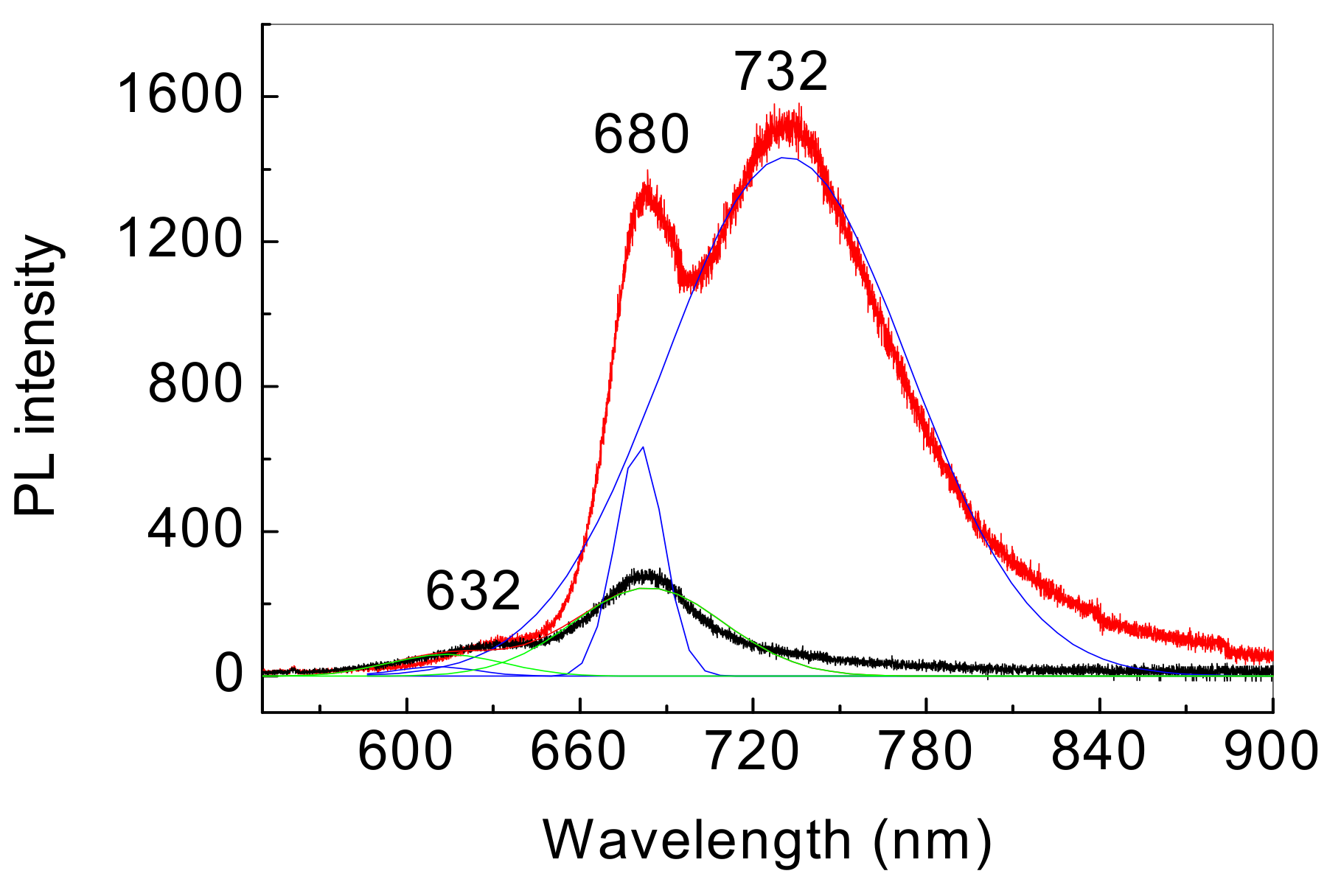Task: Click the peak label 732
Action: pyautogui.click(x=781, y=72)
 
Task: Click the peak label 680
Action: pyautogui.click(x=641, y=136)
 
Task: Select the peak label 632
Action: pyautogui.click(x=473, y=592)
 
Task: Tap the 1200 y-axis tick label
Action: pyautogui.click(x=179, y=241)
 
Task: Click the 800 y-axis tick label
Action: pyautogui.click(x=195, y=385)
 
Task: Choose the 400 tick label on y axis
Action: pyautogui.click(x=195, y=531)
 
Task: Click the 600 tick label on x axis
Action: pyautogui.click(x=406, y=752)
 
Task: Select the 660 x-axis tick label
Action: pyautogui.click(x=579, y=752)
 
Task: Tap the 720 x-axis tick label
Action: pyautogui.click(x=753, y=752)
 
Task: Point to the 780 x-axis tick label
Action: pyautogui.click(x=926, y=752)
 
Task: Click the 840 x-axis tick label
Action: pyautogui.click(x=1098, y=752)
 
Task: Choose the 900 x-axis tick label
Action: pyautogui.click(x=1269, y=752)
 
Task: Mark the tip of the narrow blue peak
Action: pyautogui.click(x=644, y=447)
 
